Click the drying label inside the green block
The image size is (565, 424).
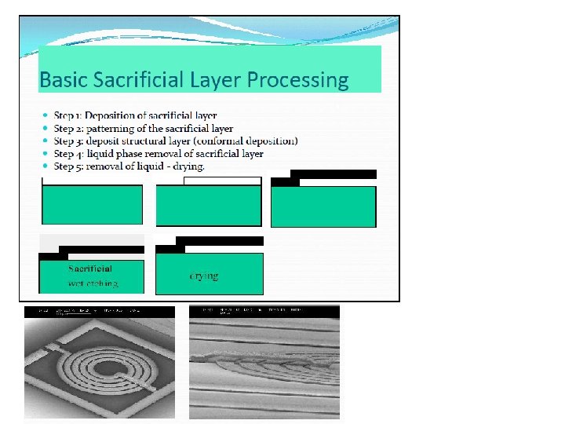point(204,276)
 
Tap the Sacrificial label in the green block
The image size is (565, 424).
point(90,269)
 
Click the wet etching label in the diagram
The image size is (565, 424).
point(93,283)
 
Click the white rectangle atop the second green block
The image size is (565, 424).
point(221,181)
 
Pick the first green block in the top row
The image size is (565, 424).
point(92,205)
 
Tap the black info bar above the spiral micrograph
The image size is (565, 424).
point(100,312)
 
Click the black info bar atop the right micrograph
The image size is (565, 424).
point(264,311)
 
